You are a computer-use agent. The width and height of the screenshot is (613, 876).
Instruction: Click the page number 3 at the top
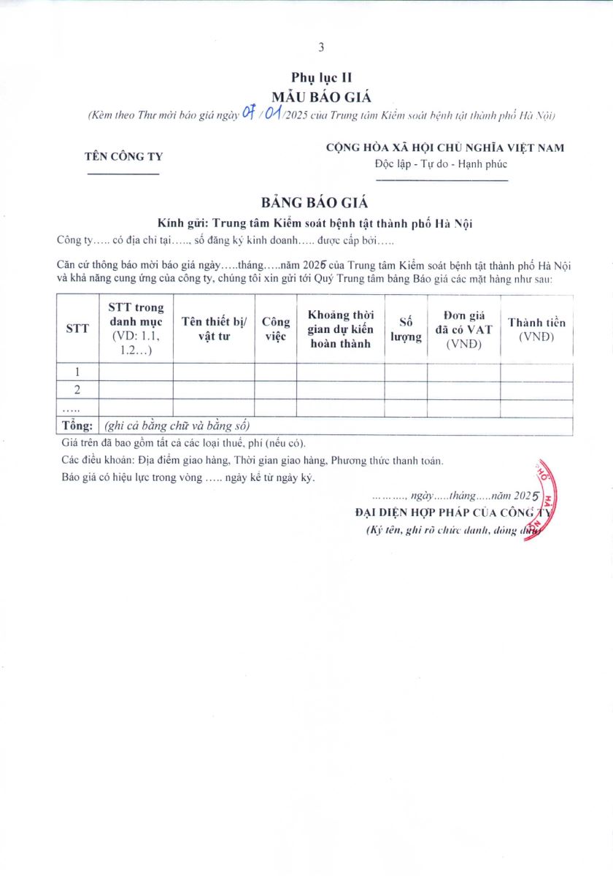coord(321,47)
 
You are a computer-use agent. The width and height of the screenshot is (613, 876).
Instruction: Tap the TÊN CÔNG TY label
coord(124,156)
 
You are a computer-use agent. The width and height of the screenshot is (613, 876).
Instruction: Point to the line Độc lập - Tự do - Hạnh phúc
coord(441,164)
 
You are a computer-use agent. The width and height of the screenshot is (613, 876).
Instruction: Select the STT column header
coord(77,328)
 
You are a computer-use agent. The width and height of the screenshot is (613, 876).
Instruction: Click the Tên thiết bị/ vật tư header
coord(214,329)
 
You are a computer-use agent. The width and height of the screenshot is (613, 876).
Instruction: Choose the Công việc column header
coord(276,329)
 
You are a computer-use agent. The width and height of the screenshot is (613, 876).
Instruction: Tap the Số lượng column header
coord(406,329)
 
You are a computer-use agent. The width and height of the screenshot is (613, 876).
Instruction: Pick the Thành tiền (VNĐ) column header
coord(536,329)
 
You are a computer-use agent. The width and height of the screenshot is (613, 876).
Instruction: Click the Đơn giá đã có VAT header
coord(464,329)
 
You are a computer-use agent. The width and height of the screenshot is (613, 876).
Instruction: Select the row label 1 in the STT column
coord(77,372)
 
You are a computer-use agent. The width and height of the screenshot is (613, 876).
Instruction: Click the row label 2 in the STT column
coord(77,390)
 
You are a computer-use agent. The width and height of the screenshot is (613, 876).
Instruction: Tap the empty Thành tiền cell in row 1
coord(536,372)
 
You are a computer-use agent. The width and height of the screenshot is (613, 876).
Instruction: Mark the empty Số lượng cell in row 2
coord(406,390)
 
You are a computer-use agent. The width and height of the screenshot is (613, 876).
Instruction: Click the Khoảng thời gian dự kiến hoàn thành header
coord(340,329)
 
